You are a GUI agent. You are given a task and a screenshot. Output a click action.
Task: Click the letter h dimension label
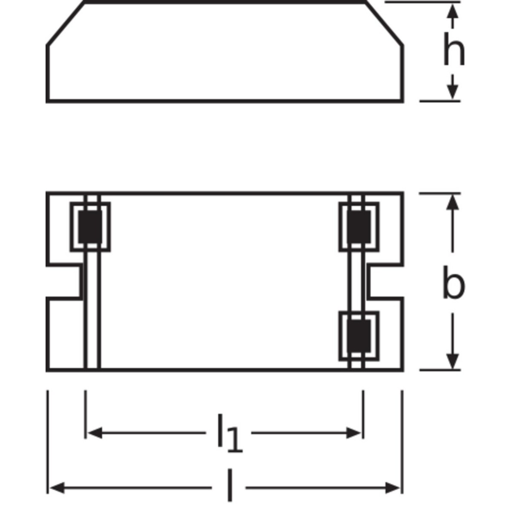(x=454, y=49)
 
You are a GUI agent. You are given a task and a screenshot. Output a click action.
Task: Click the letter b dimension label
(x=454, y=282)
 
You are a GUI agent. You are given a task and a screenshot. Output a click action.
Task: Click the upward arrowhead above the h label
(x=453, y=11)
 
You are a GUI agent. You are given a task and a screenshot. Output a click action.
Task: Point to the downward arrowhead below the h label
(x=453, y=92)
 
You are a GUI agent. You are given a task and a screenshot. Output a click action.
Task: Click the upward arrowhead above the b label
(x=453, y=202)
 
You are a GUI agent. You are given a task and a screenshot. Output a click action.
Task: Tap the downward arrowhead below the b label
(x=453, y=361)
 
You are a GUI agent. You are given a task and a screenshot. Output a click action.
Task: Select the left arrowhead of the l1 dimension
(x=95, y=433)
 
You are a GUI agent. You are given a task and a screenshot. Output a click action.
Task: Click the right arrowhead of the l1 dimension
(x=353, y=433)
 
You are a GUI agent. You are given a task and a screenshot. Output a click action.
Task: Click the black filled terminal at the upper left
(x=90, y=227)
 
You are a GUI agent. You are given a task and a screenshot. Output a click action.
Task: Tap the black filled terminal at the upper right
(x=359, y=227)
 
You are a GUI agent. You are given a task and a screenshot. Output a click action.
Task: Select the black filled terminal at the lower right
(x=359, y=336)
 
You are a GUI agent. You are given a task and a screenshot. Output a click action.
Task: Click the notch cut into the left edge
(x=63, y=282)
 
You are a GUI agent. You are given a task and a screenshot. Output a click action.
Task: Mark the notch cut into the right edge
(x=385, y=282)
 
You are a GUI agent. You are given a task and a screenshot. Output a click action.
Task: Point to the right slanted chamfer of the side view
(x=385, y=23)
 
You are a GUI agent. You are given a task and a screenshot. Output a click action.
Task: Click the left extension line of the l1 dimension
(x=86, y=414)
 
